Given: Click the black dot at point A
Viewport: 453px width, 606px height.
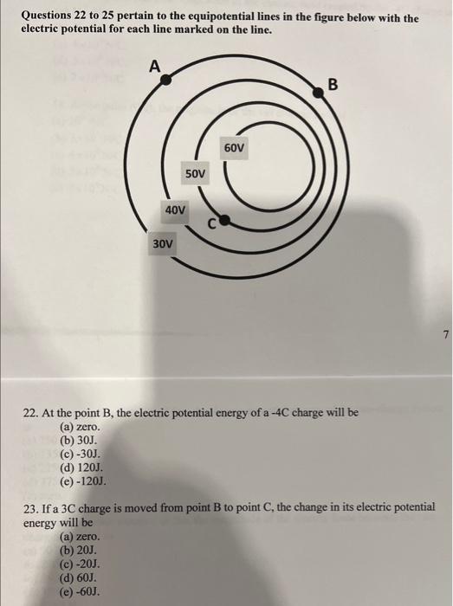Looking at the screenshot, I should [x=167, y=78].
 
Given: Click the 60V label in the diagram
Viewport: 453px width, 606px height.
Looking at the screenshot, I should [x=235, y=149].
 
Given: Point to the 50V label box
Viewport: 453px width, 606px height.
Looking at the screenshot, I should [x=197, y=175].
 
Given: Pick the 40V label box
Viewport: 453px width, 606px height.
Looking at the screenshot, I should [x=176, y=210].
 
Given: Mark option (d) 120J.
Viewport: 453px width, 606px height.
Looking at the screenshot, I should [x=80, y=468].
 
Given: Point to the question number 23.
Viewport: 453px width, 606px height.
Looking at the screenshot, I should [x=31, y=510].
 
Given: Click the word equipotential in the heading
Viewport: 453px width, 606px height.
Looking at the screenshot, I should [x=233, y=18].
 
